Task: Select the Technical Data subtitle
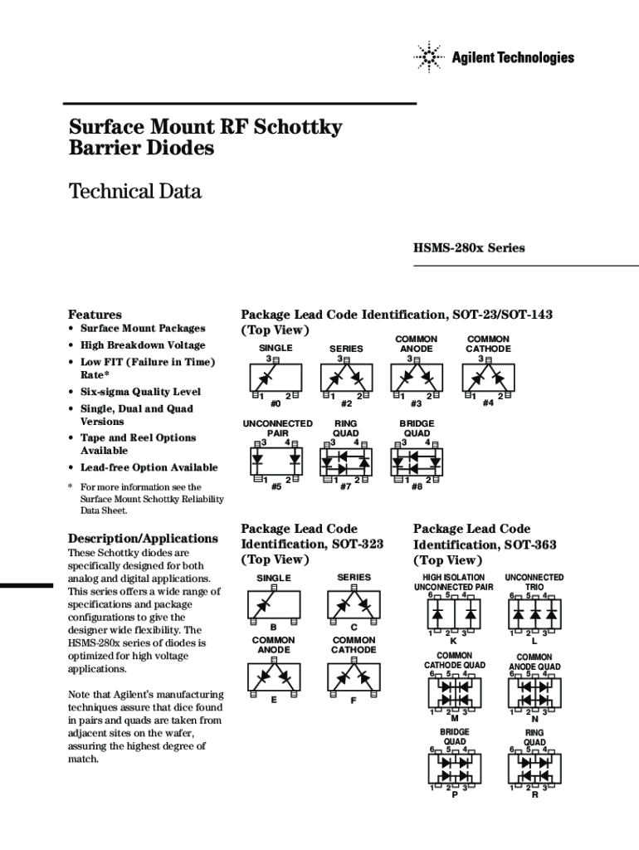(x=134, y=192)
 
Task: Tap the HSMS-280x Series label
(x=469, y=248)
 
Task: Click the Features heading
(x=95, y=315)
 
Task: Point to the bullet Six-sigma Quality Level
(x=140, y=392)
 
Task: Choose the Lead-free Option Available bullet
(x=149, y=467)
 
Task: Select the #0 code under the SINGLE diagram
(x=276, y=404)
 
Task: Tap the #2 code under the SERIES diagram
(x=346, y=404)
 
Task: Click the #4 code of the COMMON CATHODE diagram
(x=488, y=403)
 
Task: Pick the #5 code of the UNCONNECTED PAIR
(x=276, y=487)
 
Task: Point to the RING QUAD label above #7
(x=346, y=427)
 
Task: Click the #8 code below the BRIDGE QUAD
(x=417, y=487)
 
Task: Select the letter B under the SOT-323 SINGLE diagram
(x=274, y=627)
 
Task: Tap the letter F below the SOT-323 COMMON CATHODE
(x=354, y=701)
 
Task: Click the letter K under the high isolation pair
(x=453, y=641)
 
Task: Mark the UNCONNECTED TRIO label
(x=534, y=582)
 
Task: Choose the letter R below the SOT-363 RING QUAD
(x=534, y=795)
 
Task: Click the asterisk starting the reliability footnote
(x=71, y=487)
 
